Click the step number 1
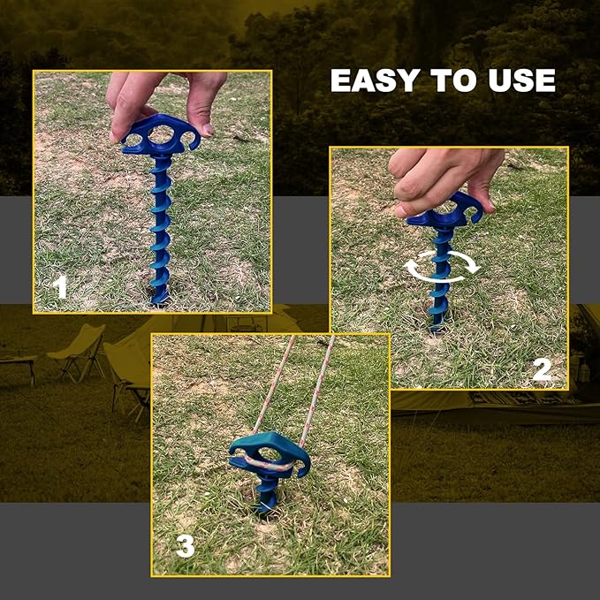point(58,287)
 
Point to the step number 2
point(542,368)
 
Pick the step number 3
point(184,546)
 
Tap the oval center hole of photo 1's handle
point(162,135)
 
